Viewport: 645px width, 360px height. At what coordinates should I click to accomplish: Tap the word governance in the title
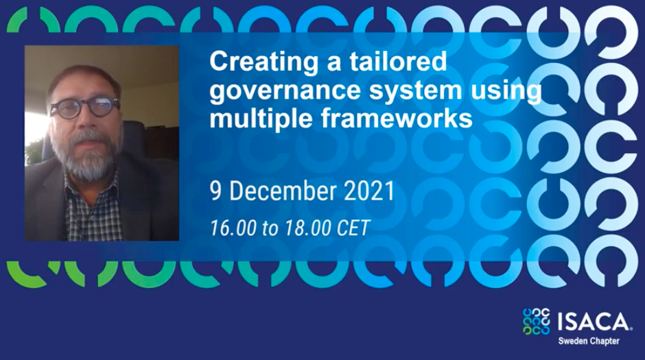pos(286,91)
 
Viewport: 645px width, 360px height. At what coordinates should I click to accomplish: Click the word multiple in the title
pos(261,119)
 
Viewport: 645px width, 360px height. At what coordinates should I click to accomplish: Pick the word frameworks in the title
pos(397,119)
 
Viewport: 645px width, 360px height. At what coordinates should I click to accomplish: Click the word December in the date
pos(283,191)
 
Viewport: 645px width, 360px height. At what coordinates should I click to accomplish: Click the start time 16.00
pos(233,228)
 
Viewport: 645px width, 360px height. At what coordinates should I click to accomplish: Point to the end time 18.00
pos(307,228)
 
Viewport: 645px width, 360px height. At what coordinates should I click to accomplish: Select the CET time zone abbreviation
pos(354,228)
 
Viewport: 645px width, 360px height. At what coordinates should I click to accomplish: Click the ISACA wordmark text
pos(594,322)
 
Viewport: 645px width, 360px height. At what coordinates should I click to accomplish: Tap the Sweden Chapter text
pos(589,341)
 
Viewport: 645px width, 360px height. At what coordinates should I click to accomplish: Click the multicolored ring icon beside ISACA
pos(537,321)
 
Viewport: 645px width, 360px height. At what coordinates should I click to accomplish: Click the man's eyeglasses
pos(85,107)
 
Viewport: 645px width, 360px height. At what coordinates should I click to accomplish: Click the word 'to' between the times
pos(270,228)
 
